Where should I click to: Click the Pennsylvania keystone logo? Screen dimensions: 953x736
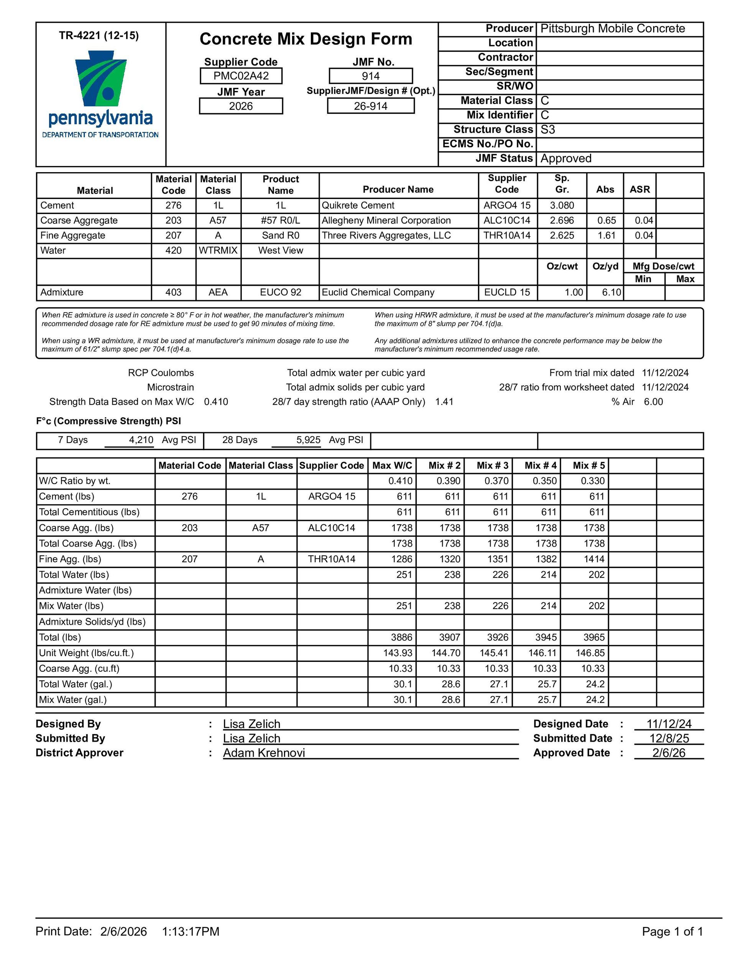(x=101, y=79)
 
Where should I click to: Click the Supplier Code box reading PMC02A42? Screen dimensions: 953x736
(x=241, y=76)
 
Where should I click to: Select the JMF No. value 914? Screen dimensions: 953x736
(x=370, y=76)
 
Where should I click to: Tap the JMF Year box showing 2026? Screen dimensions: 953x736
(x=241, y=106)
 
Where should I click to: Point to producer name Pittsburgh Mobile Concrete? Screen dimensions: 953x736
(x=613, y=29)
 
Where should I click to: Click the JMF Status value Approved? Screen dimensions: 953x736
(x=566, y=158)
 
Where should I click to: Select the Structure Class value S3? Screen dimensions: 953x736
(x=547, y=130)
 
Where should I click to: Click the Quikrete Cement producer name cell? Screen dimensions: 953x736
(x=358, y=206)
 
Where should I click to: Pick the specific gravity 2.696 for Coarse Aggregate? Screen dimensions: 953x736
(x=562, y=221)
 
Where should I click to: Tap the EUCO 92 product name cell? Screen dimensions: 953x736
(x=281, y=292)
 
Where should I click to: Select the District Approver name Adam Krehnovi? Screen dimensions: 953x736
(x=264, y=753)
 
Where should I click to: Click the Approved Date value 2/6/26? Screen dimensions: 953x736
(x=669, y=753)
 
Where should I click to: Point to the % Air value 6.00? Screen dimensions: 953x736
(x=653, y=402)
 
